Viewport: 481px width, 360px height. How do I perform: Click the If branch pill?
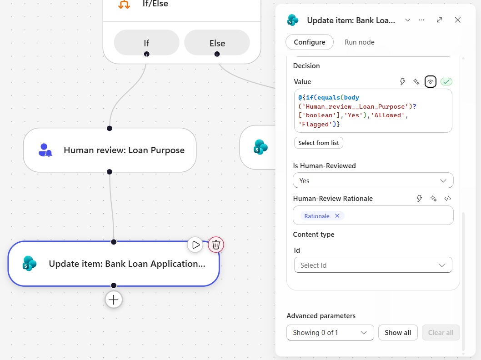147,43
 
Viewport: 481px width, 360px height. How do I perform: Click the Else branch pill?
217,43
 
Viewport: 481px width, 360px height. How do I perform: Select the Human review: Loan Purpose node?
110,150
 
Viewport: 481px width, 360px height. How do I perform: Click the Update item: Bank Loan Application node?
114,264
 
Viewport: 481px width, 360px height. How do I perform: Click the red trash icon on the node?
216,245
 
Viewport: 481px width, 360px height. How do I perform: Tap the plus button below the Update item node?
114,300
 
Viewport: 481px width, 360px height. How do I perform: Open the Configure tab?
310,42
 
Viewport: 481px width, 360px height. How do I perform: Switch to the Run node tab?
360,42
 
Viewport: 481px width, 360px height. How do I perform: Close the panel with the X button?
458,20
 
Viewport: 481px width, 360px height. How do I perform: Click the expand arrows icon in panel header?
440,20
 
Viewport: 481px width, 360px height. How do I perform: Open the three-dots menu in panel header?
421,20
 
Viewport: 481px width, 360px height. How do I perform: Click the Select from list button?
318,143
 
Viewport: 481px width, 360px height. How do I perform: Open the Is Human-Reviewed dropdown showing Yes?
373,180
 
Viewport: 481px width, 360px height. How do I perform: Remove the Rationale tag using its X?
337,216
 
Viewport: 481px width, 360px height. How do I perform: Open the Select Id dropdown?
373,265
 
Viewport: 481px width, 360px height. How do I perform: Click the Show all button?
398,333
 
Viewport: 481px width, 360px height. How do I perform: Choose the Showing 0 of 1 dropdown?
330,333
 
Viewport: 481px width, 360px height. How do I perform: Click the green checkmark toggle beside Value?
446,81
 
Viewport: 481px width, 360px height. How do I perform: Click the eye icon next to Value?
431,82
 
